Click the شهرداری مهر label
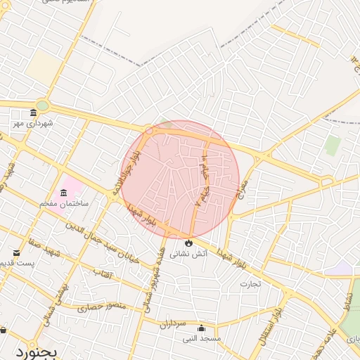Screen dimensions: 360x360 point(27,124)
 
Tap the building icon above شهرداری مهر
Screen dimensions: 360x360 point(33,113)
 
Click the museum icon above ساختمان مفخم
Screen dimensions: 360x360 point(64,193)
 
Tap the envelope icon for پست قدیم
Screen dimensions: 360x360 point(17,253)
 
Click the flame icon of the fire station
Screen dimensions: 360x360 point(188,243)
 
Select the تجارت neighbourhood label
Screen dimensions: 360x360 point(251,284)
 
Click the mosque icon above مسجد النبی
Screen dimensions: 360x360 point(202,328)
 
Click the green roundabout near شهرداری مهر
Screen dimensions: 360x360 point(43,105)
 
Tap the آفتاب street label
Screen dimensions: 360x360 point(103,271)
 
